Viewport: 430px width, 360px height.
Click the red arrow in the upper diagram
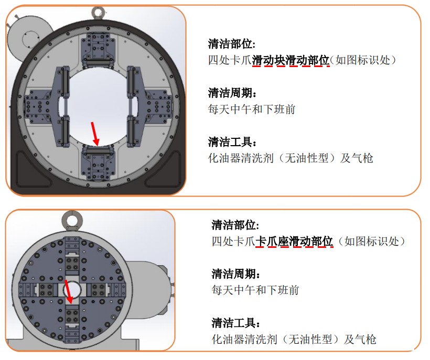(x=94, y=134)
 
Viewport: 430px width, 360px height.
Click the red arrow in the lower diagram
(x=68, y=292)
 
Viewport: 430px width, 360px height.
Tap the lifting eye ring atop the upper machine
(x=98, y=13)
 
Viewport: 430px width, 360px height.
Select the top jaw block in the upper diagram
(x=98, y=50)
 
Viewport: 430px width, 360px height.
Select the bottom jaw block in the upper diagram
(x=98, y=163)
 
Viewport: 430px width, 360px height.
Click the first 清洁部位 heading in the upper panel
(x=232, y=44)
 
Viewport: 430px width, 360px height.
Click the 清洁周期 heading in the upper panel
(x=232, y=93)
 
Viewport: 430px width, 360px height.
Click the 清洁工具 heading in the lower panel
(x=235, y=323)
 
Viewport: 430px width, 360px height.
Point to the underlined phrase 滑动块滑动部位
(x=291, y=60)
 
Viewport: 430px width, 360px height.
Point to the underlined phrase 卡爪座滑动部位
(x=294, y=242)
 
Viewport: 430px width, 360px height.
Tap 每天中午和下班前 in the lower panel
(x=255, y=290)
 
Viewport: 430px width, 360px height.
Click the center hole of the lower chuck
(x=72, y=290)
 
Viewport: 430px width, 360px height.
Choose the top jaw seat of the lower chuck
(x=72, y=256)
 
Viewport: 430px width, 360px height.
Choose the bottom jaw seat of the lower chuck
(x=72, y=323)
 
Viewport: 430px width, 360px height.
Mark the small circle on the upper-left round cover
(x=31, y=40)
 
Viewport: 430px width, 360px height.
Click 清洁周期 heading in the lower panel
(x=235, y=274)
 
